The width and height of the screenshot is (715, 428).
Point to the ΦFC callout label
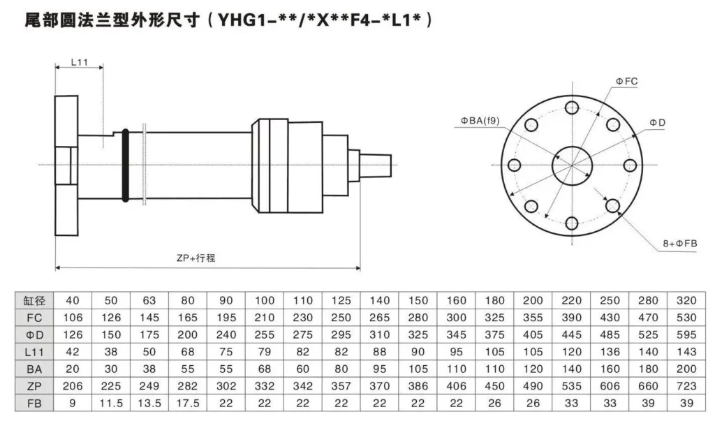tap(626, 82)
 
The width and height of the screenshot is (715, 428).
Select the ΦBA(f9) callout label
tap(480, 121)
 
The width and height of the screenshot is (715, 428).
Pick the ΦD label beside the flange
tap(657, 122)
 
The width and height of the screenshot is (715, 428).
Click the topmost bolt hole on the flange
tap(572, 107)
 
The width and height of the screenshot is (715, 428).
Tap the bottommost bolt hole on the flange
tap(572, 223)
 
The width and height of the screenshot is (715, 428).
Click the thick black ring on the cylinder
tap(125, 165)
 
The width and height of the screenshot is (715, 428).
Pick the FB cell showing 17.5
tap(187, 403)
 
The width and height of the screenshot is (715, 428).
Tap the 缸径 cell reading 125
tap(341, 301)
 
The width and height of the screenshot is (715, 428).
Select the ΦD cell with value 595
tap(686, 335)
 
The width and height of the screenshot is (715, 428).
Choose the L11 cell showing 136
tap(610, 352)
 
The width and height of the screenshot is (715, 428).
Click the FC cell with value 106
tap(73, 318)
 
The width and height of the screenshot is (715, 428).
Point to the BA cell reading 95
tap(379, 369)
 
